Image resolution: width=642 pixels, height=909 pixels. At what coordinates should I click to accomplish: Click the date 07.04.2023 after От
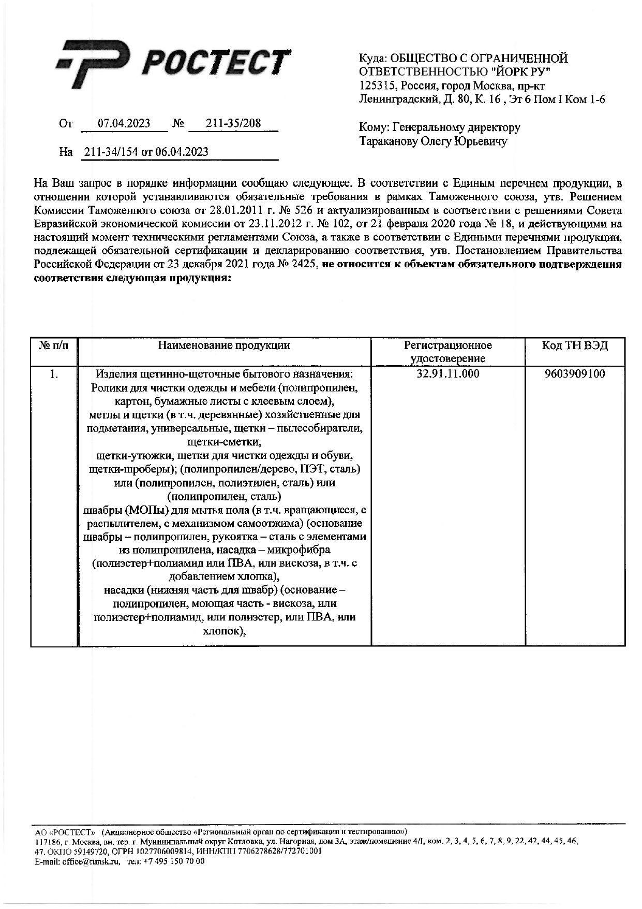click(x=124, y=124)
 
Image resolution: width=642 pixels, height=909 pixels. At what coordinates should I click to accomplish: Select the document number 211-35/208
click(x=233, y=124)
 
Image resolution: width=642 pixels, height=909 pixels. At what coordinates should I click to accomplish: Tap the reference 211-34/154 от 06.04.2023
click(x=146, y=152)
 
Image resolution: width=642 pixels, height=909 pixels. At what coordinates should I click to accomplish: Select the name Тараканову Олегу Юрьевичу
click(x=434, y=141)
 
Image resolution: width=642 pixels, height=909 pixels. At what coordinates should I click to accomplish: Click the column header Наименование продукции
click(x=223, y=345)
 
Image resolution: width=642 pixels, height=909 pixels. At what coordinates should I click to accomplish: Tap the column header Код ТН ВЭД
click(x=575, y=345)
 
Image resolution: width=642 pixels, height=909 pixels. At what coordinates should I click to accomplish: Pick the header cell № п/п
click(x=53, y=345)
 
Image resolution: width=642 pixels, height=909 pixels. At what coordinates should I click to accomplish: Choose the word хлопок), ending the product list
click(x=224, y=631)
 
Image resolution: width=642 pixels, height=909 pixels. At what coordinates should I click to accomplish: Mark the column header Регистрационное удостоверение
click(x=448, y=352)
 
